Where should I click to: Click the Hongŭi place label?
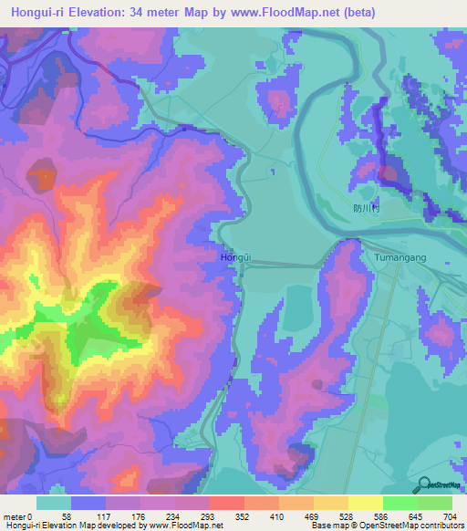coord(235,258)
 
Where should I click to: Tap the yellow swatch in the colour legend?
coord(365,503)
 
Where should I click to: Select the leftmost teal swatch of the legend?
coord(54,503)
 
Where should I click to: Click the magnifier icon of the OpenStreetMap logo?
coord(424,484)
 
